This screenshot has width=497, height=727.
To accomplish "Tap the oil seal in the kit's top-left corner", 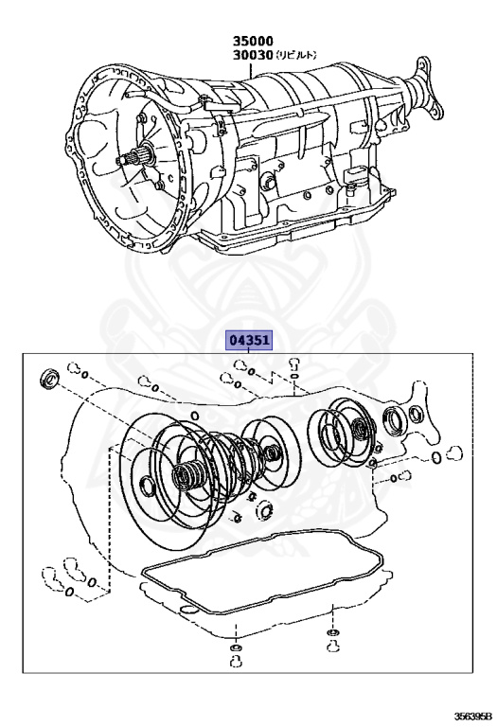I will click(44, 381).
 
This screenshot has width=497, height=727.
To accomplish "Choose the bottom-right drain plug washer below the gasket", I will click(333, 632).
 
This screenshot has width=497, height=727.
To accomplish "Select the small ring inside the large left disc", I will click(147, 487).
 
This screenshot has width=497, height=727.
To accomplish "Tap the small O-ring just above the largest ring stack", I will click(194, 415).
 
